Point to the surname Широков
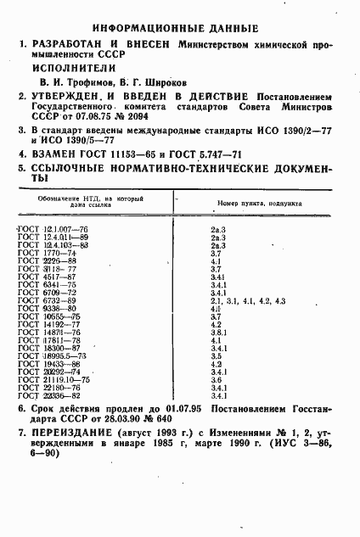(158, 81)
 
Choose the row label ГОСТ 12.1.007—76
(52, 231)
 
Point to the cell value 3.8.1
(217, 333)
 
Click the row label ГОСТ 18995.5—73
(52, 356)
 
